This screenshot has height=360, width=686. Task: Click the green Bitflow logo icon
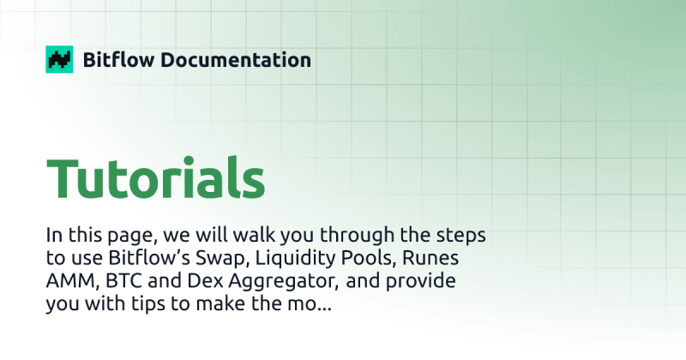click(59, 59)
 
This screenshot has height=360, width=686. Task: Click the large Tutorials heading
click(155, 178)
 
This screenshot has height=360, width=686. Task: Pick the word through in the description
click(375, 235)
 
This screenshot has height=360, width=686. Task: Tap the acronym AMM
click(69, 281)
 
